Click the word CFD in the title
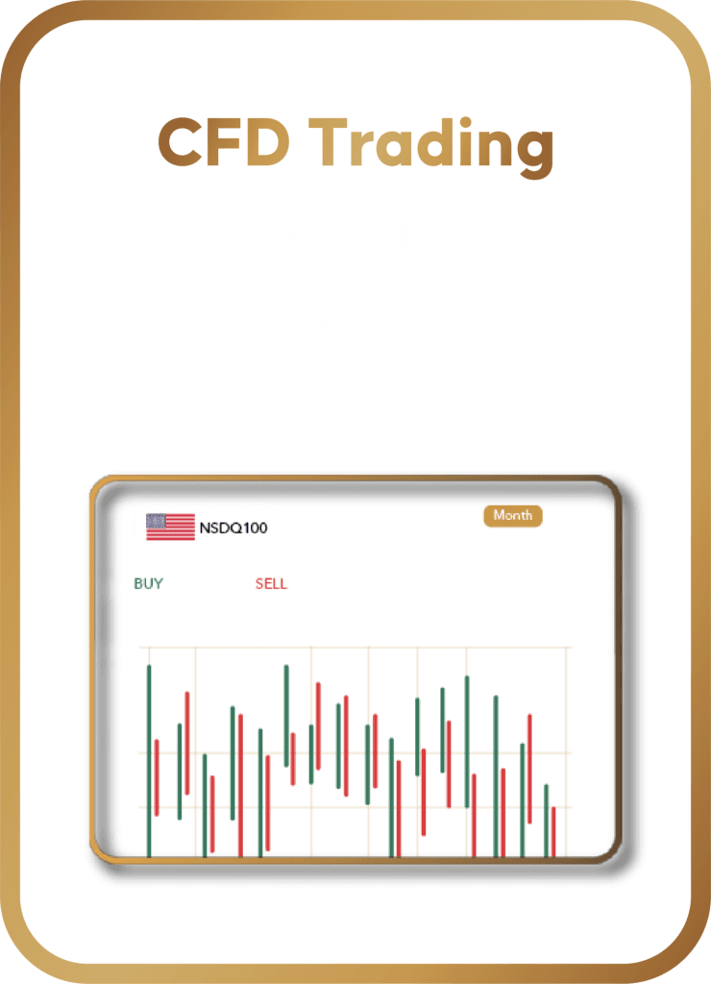coord(224,142)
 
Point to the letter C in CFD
coord(180,142)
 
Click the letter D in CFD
coord(268,142)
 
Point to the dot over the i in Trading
coord(465,122)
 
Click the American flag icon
coord(170,527)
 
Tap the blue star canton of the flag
coord(156,521)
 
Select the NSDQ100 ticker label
coord(233,528)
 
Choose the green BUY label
coord(149,583)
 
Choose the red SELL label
coord(271,583)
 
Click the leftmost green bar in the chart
coord(149,761)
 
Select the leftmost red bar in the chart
coord(157,777)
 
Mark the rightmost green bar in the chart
coord(546,821)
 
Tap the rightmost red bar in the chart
coord(553,832)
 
